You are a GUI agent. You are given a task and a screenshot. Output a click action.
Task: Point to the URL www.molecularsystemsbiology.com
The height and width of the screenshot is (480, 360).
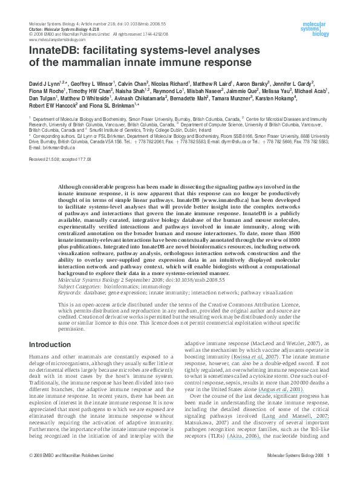pyautogui.click(x=56, y=39)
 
